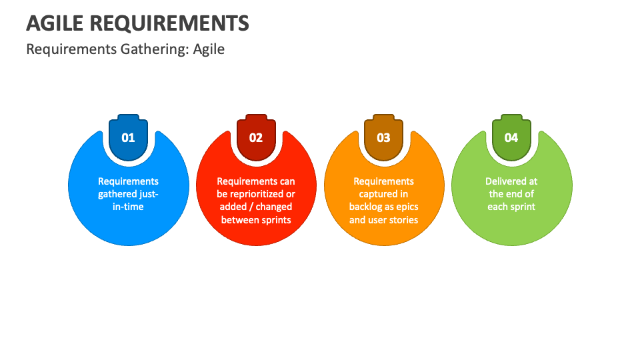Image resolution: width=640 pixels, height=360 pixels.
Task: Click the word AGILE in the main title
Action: [x=55, y=23]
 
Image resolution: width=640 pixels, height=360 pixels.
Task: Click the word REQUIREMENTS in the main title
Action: [x=169, y=23]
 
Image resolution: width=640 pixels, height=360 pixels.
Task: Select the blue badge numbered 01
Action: [x=128, y=137]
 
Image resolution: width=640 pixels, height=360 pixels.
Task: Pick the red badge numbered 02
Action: [x=256, y=137]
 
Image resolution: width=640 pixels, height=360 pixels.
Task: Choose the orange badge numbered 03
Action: [x=384, y=137]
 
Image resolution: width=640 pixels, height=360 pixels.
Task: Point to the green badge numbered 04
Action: [x=511, y=137]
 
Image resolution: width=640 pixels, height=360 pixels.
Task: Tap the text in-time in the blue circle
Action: [x=128, y=207]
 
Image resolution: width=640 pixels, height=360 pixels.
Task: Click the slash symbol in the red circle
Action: [x=251, y=207]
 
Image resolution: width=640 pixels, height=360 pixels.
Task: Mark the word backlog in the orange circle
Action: [x=366, y=207]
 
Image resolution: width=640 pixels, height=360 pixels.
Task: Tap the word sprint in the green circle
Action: [x=523, y=207]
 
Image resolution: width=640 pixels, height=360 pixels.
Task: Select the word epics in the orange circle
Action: [x=407, y=207]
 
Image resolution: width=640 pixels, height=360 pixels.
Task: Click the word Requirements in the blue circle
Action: [x=128, y=181]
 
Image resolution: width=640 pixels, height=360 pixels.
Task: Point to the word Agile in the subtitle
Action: [x=209, y=49]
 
